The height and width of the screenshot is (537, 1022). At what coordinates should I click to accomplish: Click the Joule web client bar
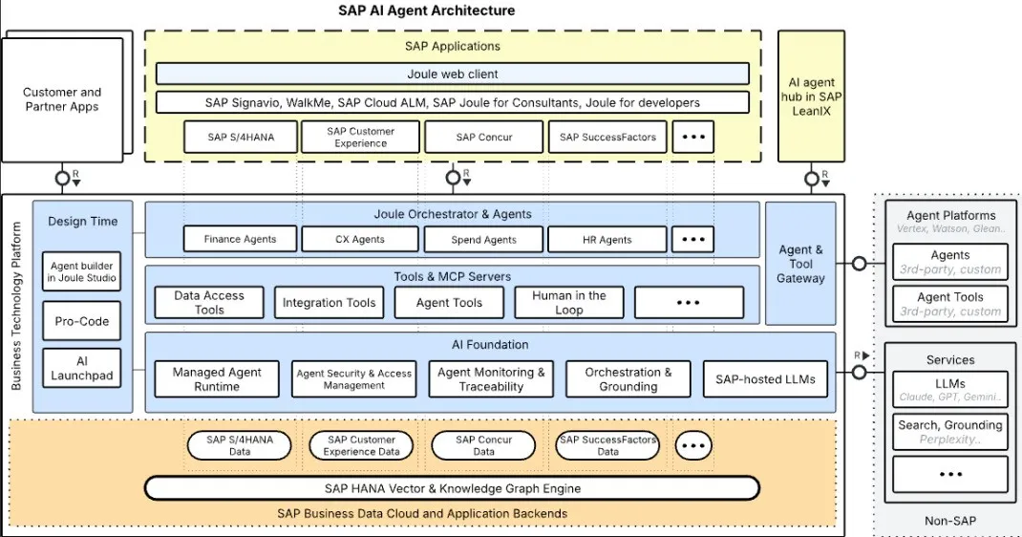(452, 74)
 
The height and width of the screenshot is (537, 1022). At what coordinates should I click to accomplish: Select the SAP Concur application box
(483, 137)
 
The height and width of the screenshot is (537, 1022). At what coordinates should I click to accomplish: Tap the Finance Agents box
(240, 239)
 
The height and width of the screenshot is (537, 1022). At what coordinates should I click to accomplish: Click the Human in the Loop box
(568, 302)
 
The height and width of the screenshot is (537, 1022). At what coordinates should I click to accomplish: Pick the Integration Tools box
(329, 303)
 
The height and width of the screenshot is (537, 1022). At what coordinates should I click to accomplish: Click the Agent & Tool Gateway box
(800, 264)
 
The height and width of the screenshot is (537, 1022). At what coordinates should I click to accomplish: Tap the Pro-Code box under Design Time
(81, 321)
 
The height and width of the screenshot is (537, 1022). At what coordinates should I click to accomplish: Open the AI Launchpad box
(81, 368)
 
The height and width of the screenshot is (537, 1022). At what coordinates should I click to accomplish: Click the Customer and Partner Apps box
(62, 99)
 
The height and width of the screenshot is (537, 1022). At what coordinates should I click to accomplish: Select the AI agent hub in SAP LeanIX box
(811, 98)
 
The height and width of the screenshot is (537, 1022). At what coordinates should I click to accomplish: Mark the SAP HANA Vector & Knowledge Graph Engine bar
(452, 488)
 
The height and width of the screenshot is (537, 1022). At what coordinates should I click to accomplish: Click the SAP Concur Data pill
(483, 445)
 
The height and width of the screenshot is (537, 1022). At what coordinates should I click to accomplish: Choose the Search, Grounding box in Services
(949, 432)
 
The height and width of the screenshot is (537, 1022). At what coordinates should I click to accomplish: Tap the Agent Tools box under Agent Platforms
(949, 304)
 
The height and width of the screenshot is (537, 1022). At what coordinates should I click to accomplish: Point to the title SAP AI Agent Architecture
(426, 11)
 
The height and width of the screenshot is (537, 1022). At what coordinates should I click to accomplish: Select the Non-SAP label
(949, 521)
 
